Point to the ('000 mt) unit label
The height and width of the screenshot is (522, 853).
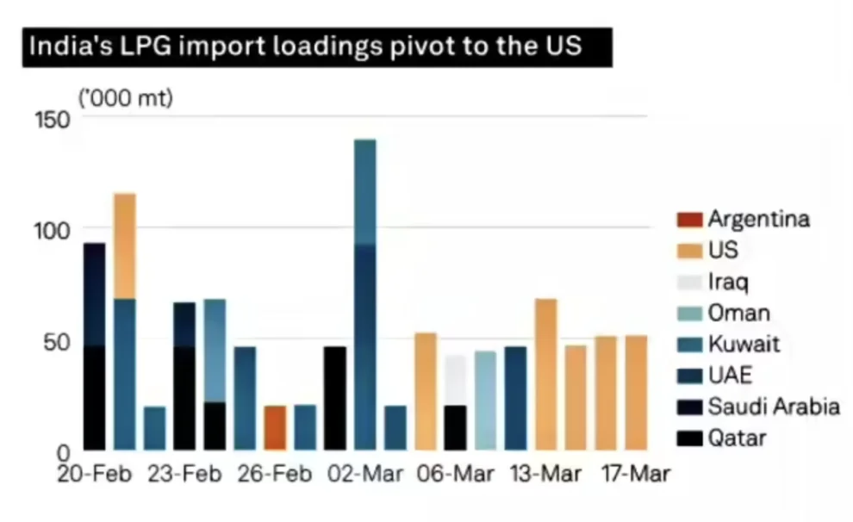(x=126, y=98)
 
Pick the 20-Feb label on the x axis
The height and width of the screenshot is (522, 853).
(x=95, y=474)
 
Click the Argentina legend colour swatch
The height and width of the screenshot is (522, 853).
(x=688, y=220)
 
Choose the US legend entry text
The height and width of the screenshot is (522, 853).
(x=724, y=251)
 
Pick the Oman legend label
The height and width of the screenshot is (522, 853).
(x=738, y=313)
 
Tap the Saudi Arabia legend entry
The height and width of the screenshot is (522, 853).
(x=773, y=406)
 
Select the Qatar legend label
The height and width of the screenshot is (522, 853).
(x=737, y=438)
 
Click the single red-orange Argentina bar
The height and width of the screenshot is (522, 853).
(x=275, y=427)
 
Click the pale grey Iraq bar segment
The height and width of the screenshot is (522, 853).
(x=456, y=380)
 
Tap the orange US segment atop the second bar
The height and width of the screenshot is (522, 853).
(x=125, y=245)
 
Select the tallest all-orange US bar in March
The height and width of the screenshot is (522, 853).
(x=545, y=374)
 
